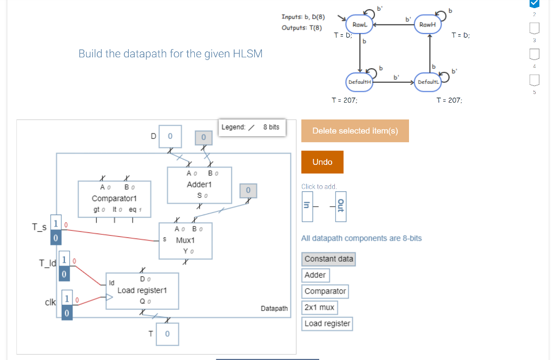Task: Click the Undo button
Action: [x=322, y=162]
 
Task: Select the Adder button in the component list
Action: [x=315, y=275]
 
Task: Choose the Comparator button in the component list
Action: [x=325, y=291]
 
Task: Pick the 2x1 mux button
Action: [x=319, y=308]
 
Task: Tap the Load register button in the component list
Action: [x=327, y=324]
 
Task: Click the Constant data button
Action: [x=328, y=259]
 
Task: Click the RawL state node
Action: [x=360, y=25]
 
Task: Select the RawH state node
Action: [x=427, y=25]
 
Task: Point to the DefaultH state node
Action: [x=359, y=82]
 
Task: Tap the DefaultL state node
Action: [x=428, y=82]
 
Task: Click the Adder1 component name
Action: [x=199, y=184]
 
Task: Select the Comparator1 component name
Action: [x=114, y=198]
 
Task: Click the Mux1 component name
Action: [x=186, y=241]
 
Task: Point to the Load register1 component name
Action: [x=142, y=290]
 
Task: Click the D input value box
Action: [x=170, y=136]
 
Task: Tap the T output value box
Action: [x=168, y=334]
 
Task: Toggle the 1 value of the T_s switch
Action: [x=56, y=223]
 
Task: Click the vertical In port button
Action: [x=307, y=206]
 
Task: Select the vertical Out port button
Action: [x=341, y=206]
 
